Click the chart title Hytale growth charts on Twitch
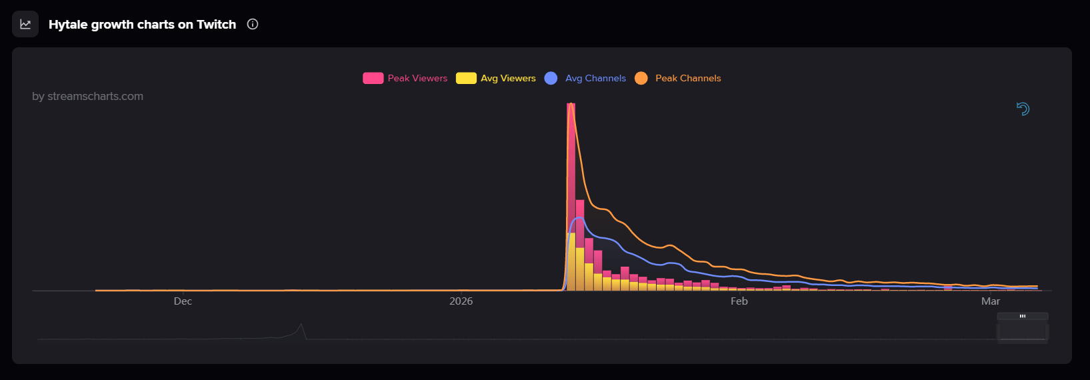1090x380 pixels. pyautogui.click(x=142, y=25)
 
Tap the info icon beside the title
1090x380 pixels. pyautogui.click(x=253, y=24)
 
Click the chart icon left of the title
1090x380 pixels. pyautogui.click(x=25, y=24)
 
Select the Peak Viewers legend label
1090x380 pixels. pyautogui.click(x=417, y=78)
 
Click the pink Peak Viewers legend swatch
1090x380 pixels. pyautogui.click(x=373, y=78)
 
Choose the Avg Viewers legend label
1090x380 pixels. pyautogui.click(x=508, y=78)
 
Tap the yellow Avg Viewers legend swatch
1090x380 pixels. pyautogui.click(x=466, y=78)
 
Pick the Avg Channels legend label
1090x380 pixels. pyautogui.click(x=595, y=78)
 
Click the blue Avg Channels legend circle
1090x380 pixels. pyautogui.click(x=551, y=78)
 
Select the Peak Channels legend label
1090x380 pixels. pyautogui.click(x=688, y=78)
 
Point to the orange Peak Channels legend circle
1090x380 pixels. pyautogui.click(x=641, y=78)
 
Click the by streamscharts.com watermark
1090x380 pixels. pyautogui.click(x=87, y=96)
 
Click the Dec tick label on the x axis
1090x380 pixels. pyautogui.click(x=183, y=301)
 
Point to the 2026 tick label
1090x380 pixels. pyautogui.click(x=461, y=301)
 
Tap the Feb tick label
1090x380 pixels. pyautogui.click(x=739, y=301)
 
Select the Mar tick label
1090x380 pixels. pyautogui.click(x=990, y=301)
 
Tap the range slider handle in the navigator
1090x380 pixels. pyautogui.click(x=1023, y=316)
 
